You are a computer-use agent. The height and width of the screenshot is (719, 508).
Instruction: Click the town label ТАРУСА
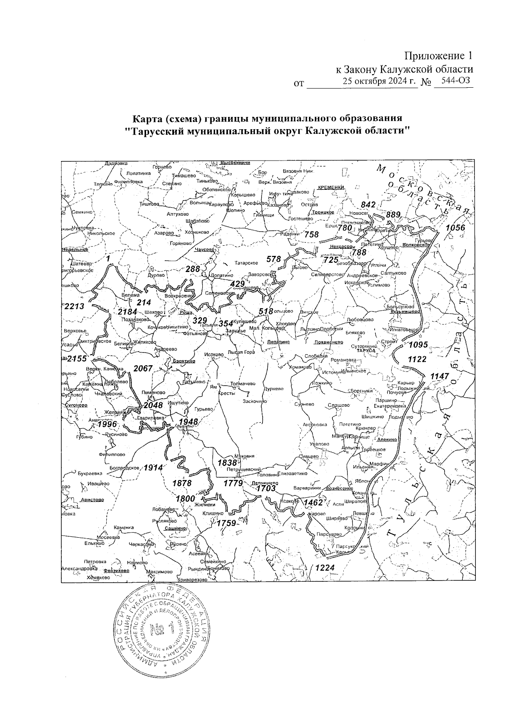point(366,351)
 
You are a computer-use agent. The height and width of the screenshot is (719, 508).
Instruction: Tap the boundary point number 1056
point(455,228)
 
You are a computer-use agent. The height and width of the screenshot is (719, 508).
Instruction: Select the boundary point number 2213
point(75,306)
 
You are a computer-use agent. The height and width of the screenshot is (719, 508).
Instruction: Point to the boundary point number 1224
point(323,568)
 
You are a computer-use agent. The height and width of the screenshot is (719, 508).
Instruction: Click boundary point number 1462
point(313,502)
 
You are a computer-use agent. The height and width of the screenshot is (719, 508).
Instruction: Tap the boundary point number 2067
point(143,368)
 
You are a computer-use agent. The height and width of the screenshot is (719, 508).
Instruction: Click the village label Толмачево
point(243,383)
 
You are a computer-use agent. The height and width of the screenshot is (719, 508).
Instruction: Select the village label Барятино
point(184,361)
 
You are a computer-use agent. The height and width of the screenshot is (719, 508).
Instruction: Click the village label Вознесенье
point(339,488)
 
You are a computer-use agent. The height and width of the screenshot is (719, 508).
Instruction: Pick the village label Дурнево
point(273,388)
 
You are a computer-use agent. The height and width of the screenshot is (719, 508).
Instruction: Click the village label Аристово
point(92,500)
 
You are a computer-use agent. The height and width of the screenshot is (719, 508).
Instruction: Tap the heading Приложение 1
point(438,56)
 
